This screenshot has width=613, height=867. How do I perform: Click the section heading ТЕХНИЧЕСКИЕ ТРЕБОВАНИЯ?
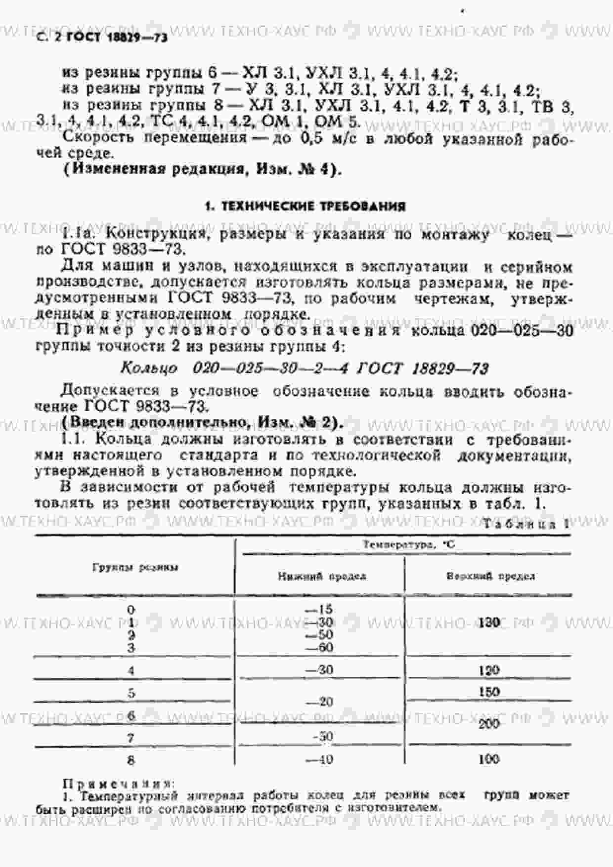click(x=305, y=206)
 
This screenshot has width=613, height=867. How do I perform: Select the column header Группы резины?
click(x=135, y=568)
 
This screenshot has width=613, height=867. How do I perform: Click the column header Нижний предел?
click(x=322, y=576)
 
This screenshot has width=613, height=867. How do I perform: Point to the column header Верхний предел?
click(x=490, y=576)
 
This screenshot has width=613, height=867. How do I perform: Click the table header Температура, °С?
click(x=408, y=544)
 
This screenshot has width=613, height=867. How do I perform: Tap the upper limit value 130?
click(x=489, y=622)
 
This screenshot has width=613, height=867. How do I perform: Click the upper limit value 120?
click(x=489, y=670)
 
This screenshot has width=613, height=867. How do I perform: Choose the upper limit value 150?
click(x=489, y=692)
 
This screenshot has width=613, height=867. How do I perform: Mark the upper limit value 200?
click(x=489, y=724)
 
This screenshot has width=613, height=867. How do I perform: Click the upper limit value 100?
click(x=489, y=759)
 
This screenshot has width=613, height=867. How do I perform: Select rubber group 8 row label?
click(x=131, y=760)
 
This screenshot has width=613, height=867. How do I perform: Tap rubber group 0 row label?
click(x=131, y=610)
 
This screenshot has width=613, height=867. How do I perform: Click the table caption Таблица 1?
click(x=526, y=525)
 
